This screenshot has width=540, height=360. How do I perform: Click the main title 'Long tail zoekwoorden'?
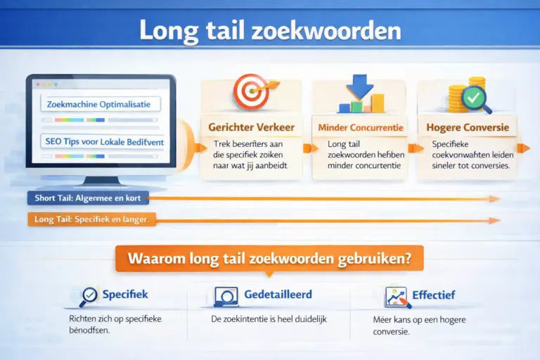270,32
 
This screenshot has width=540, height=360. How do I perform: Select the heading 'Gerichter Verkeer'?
251,127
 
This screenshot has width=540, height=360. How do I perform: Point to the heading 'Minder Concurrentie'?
361,128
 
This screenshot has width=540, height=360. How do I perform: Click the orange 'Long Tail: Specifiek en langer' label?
91,220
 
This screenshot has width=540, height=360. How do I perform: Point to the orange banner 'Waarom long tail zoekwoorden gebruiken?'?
269,258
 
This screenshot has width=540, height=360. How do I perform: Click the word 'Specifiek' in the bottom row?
125,295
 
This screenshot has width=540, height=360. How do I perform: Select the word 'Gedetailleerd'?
278,295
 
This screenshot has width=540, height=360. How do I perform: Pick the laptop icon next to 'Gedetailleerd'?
225,296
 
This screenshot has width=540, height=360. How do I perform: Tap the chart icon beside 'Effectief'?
398,297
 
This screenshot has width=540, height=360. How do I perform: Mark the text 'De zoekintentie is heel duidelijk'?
269,319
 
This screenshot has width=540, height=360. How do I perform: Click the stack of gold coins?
458,96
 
